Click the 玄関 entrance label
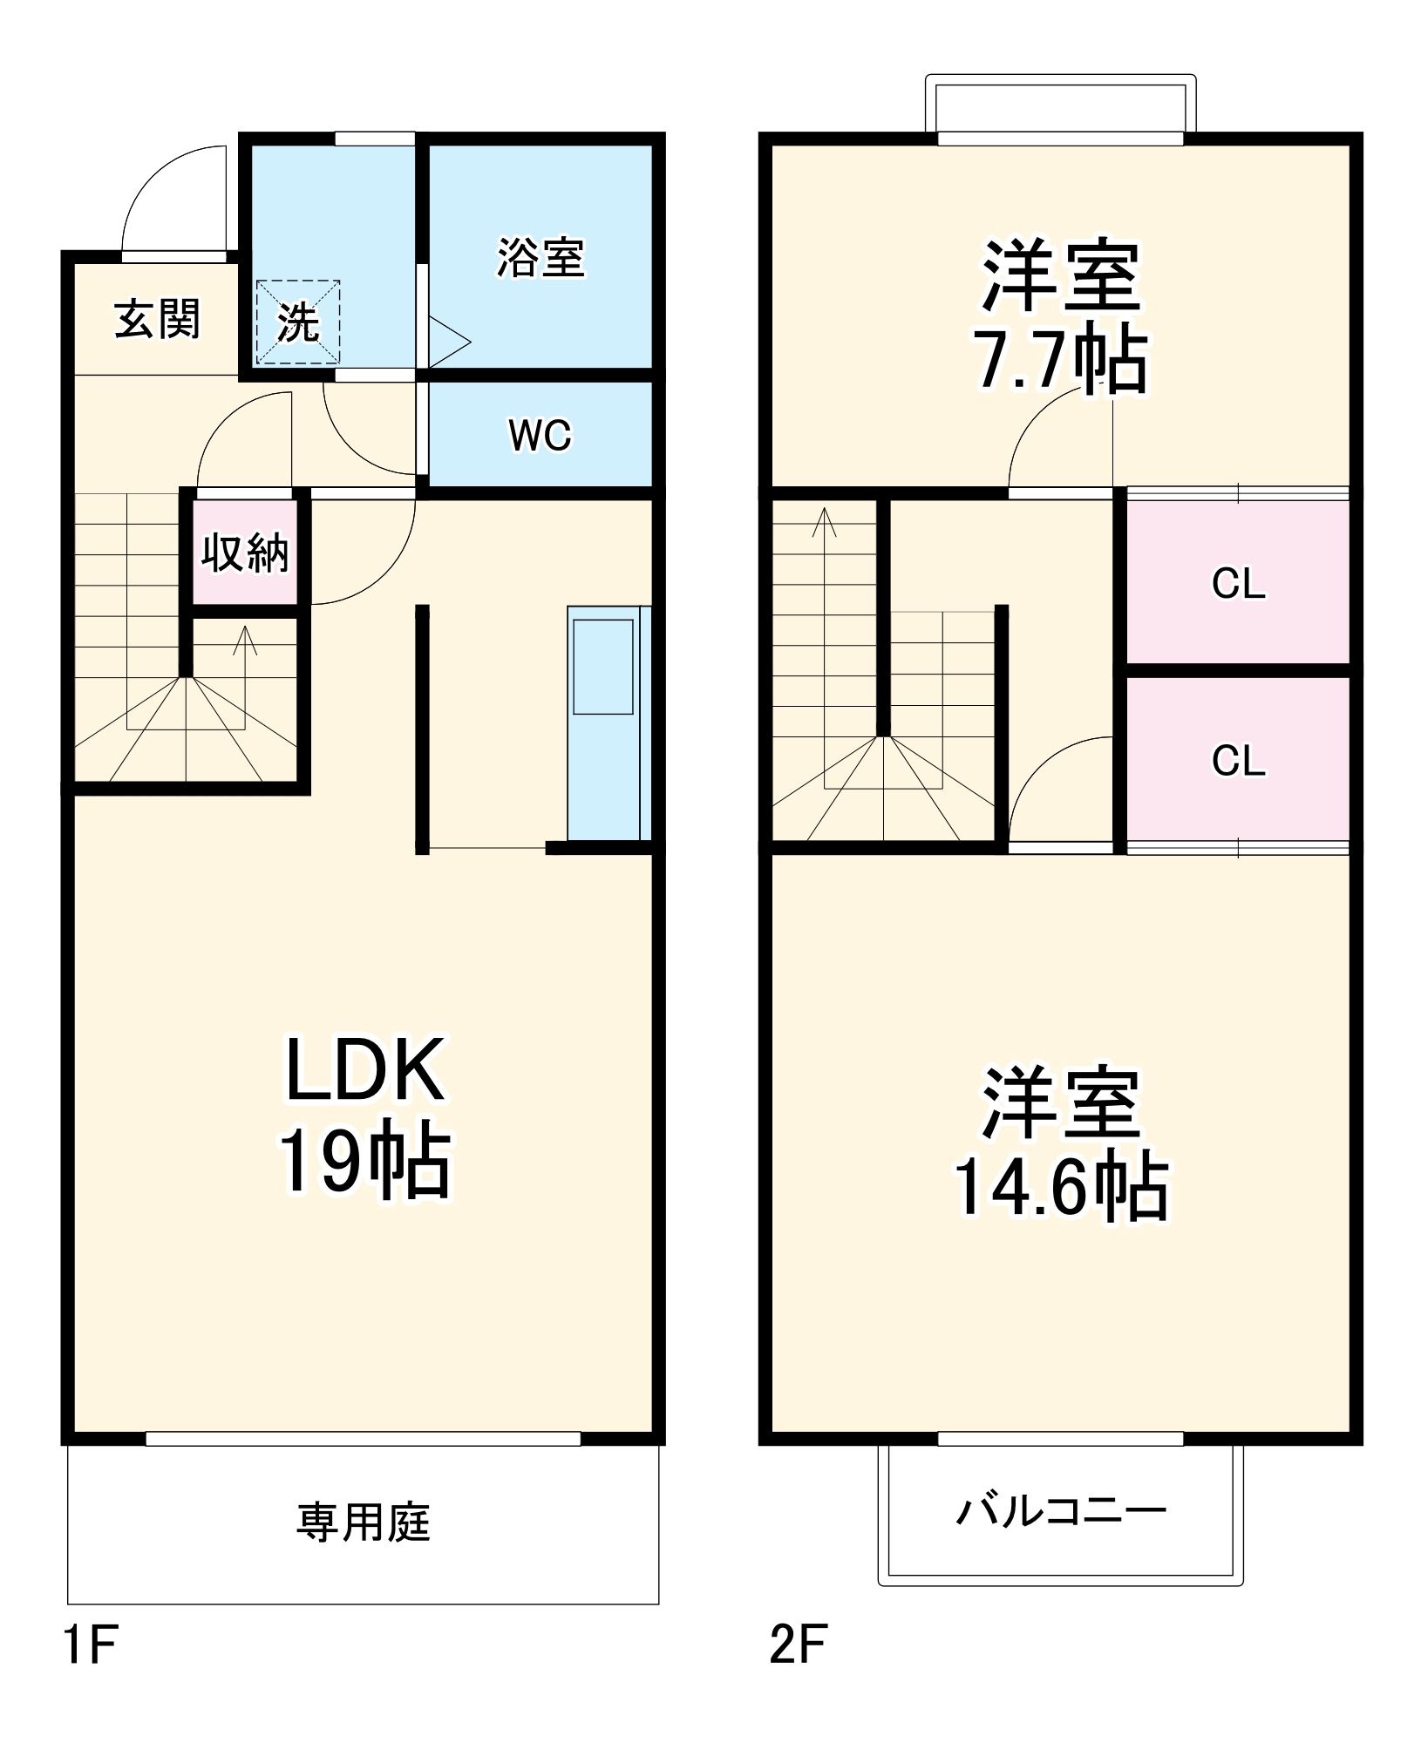click(x=157, y=319)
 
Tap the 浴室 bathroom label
click(x=541, y=258)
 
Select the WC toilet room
click(x=541, y=435)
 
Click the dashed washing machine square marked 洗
click(x=297, y=322)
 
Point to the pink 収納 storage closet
click(x=245, y=552)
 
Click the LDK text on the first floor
click(x=364, y=1069)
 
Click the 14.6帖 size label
click(x=1060, y=1184)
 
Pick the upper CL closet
click(x=1238, y=583)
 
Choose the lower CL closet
click(x=1238, y=760)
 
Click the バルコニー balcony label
click(x=1060, y=1510)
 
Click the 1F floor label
click(x=90, y=1645)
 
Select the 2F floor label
click(x=798, y=1645)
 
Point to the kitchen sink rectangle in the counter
click(x=602, y=667)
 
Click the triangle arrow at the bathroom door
click(x=447, y=341)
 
